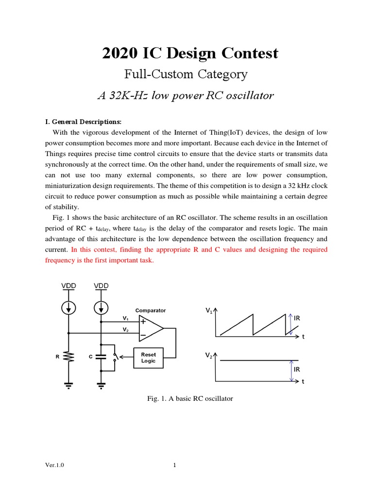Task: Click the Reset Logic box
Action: (148, 357)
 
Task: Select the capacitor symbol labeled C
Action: (101, 356)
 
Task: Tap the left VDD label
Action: (68, 286)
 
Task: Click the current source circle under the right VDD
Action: (101, 308)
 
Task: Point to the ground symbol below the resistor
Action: (68, 385)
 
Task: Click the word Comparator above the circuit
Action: (150, 310)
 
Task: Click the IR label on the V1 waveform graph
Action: (297, 318)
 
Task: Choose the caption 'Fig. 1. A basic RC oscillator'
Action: (190, 398)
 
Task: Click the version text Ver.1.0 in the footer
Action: (54, 465)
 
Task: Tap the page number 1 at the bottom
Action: (174, 465)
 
